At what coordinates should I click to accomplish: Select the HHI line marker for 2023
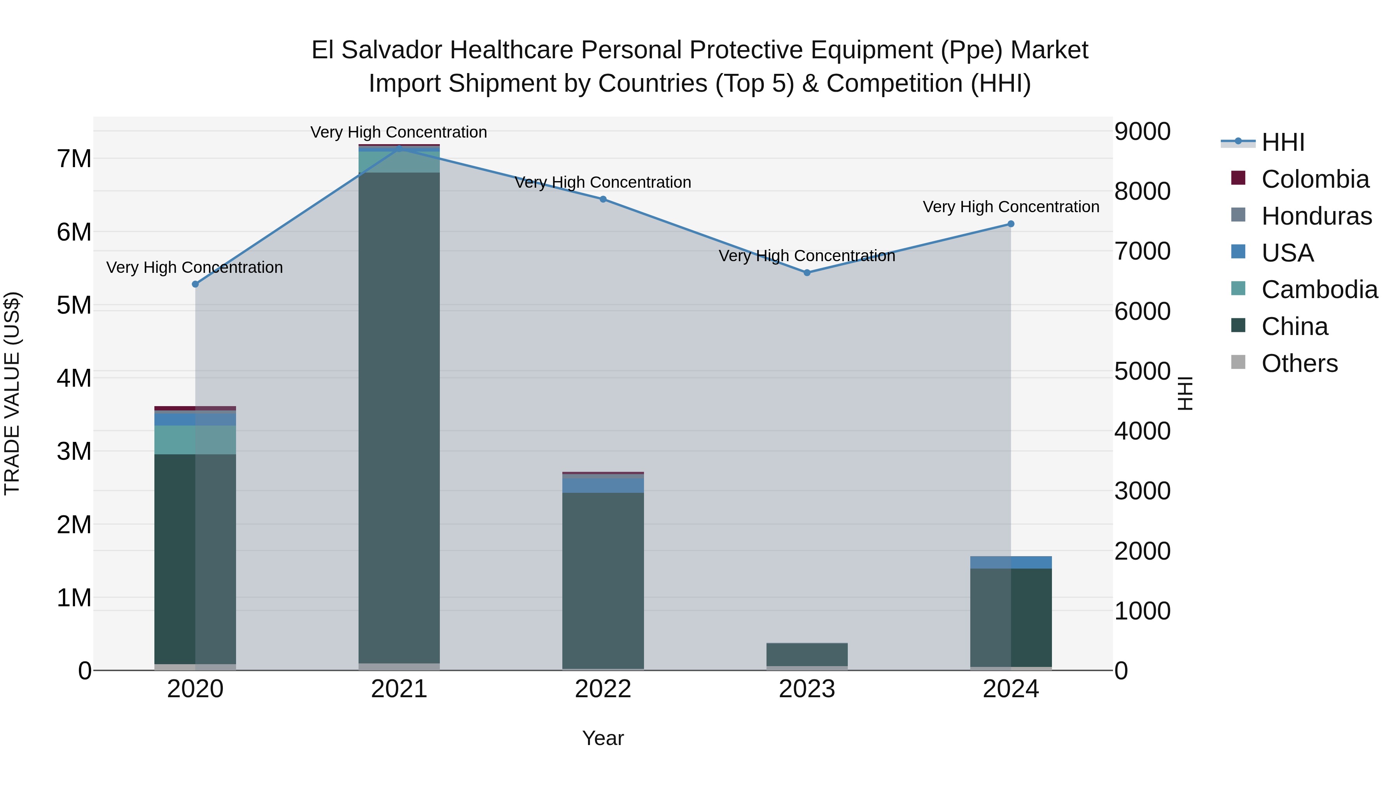coord(807,273)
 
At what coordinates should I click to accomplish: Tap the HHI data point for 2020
coord(196,284)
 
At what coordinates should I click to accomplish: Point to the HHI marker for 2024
coord(1010,224)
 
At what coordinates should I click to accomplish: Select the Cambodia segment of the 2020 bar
coord(195,440)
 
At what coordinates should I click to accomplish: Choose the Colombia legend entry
coord(1315,179)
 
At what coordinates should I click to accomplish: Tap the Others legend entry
coord(1299,363)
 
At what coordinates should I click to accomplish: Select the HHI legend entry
coord(1283,142)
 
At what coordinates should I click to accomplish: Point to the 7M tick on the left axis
coord(74,159)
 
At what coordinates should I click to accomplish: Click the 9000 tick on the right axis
coord(1142,131)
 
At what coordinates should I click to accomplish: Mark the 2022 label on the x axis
coord(603,689)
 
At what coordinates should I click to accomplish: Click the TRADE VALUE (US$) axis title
coord(12,393)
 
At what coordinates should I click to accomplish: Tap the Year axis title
coord(603,738)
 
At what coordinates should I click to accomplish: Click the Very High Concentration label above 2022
coord(603,183)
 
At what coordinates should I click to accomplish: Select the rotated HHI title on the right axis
coord(1185,393)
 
